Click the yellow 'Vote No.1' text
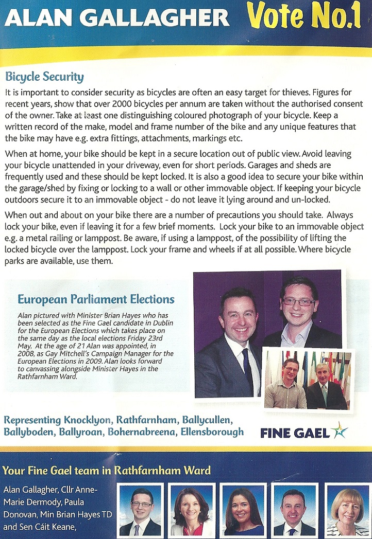tap(304, 17)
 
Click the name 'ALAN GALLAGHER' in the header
tap(117, 19)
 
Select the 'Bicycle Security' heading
tap(44, 77)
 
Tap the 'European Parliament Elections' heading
tap(96, 299)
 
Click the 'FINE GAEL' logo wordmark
tap(295, 433)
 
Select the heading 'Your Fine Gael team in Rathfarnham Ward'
tap(107, 470)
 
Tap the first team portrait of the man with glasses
tap(141, 510)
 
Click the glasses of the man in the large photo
tap(298, 301)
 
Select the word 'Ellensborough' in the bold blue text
tap(212, 432)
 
